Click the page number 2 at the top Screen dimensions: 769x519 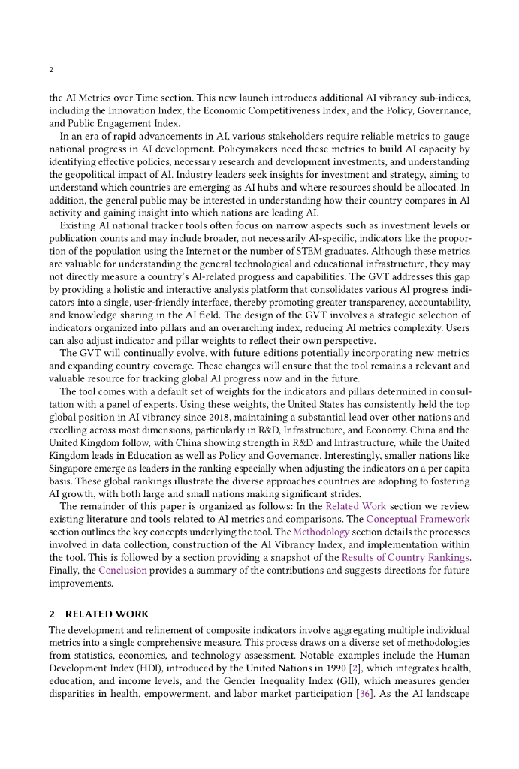pyautogui.click(x=50, y=71)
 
